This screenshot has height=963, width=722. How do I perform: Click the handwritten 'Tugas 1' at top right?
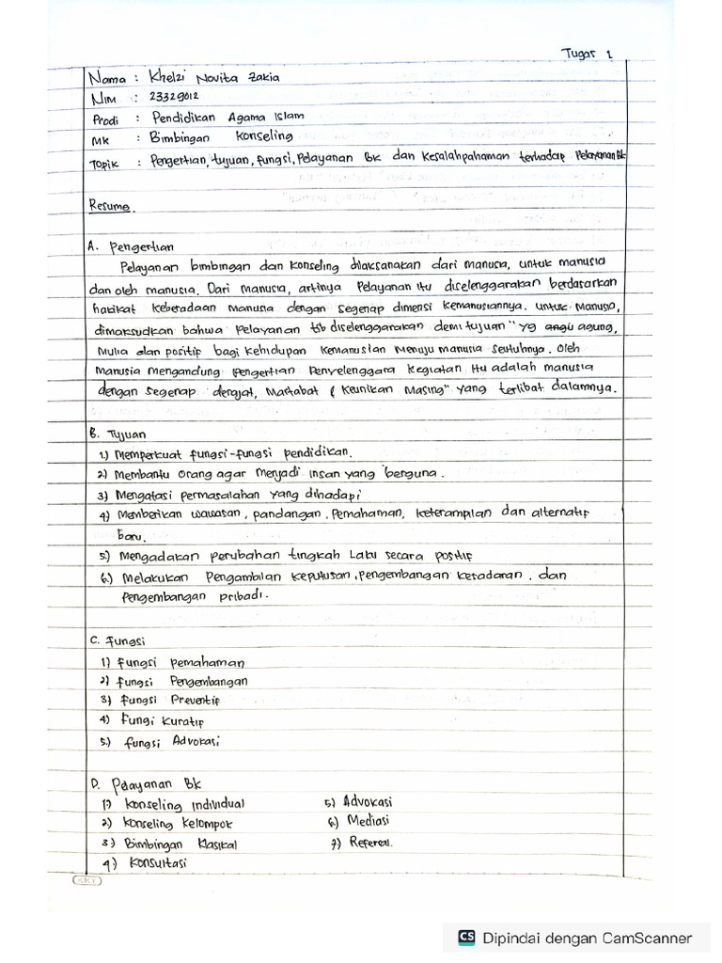(x=589, y=55)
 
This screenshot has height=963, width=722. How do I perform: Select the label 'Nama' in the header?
(x=107, y=77)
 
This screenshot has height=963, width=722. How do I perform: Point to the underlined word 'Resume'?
(x=110, y=204)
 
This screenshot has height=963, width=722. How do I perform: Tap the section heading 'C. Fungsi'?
(x=117, y=640)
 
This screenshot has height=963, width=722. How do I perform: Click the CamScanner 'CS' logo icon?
(x=466, y=937)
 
